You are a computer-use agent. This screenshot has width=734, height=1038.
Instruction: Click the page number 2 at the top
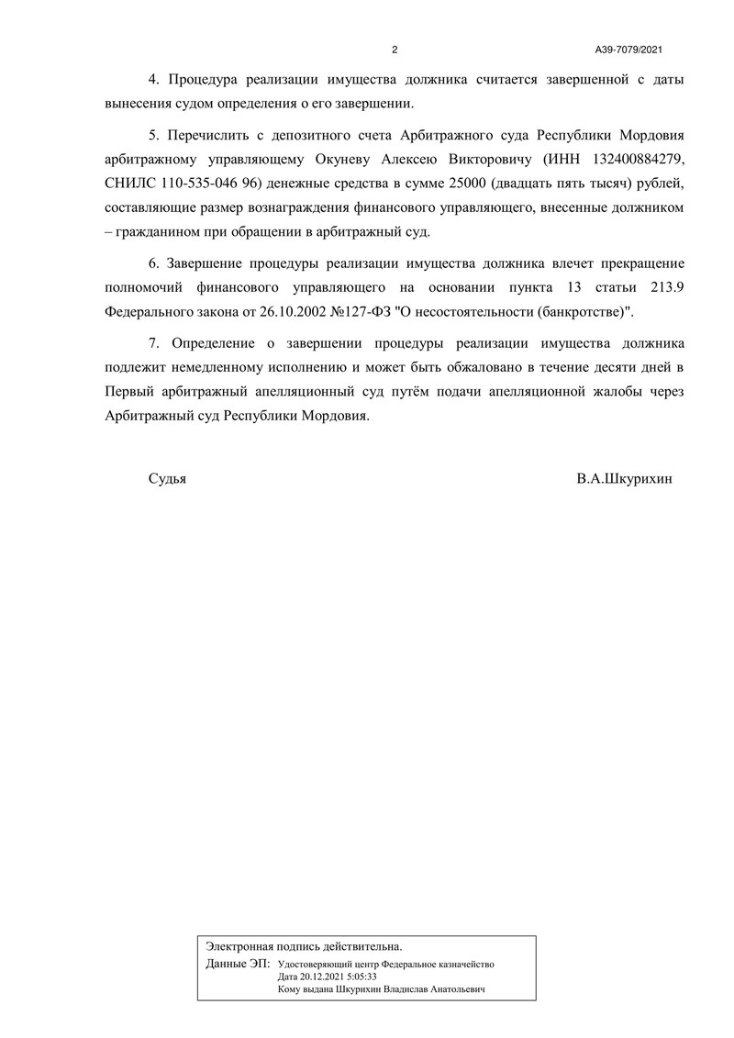(x=395, y=50)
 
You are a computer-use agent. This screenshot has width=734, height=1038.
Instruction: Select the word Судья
(x=166, y=479)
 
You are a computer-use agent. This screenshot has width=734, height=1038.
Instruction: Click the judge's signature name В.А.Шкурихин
(x=625, y=479)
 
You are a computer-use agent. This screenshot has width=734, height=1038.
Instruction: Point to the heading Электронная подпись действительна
(x=304, y=945)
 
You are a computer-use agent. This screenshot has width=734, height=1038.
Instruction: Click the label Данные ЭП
(x=238, y=965)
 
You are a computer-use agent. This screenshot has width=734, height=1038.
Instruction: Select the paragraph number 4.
(x=152, y=80)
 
